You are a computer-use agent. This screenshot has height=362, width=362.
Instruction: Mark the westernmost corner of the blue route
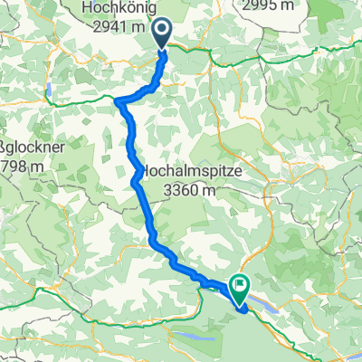click(118, 101)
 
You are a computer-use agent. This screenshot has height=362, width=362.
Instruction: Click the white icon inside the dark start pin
click(163, 32)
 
